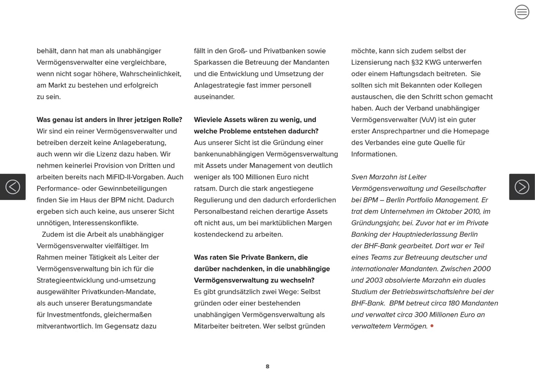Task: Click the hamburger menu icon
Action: tap(522, 12)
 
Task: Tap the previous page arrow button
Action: tap(13, 187)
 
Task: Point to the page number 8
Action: tap(267, 367)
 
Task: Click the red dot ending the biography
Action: tap(432, 326)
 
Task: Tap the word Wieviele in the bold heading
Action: tap(209, 120)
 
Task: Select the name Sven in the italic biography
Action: tap(359, 177)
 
